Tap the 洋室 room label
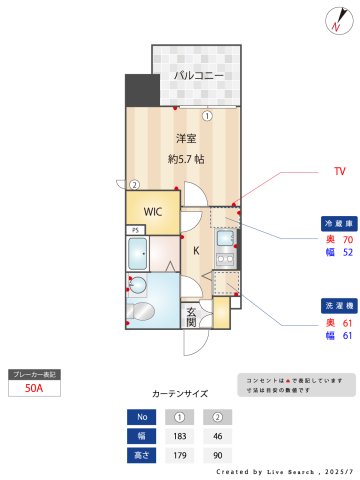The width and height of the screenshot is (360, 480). coord(185,137)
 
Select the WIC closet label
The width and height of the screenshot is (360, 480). coord(152,212)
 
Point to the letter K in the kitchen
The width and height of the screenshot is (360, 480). coord(196,251)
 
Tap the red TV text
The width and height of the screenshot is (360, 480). coord(339,171)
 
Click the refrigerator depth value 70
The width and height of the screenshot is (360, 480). coord(347,240)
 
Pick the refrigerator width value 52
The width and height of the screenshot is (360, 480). coord(347,253)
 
